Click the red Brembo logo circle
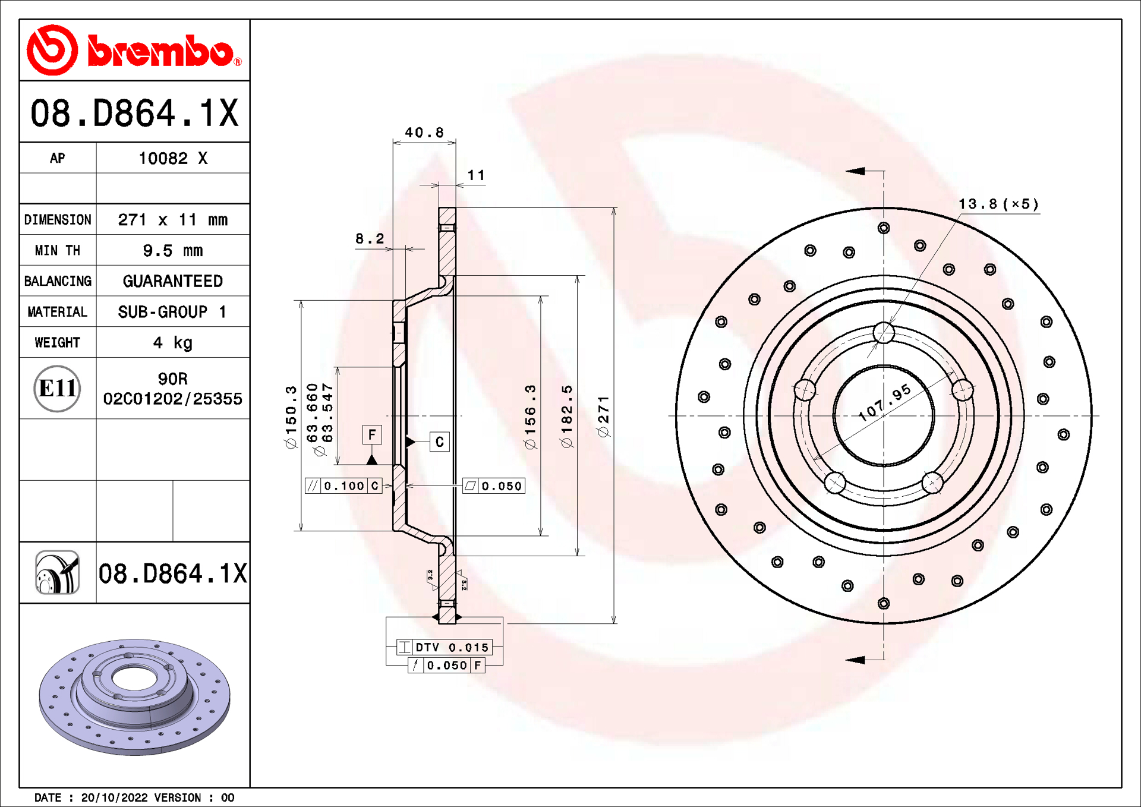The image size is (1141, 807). tap(52, 50)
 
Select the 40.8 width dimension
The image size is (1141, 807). tap(424, 132)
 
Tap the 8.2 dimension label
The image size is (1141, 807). tap(369, 238)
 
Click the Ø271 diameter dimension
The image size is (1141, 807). tap(603, 416)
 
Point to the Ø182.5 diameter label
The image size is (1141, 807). tap(566, 416)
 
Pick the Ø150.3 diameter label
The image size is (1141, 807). tap(291, 416)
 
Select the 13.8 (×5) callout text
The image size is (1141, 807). tap(998, 204)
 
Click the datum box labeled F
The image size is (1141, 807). tap(371, 434)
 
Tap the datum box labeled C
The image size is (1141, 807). tap(439, 442)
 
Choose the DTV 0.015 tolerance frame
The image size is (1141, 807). tap(444, 647)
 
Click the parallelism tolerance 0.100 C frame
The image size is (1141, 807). tap(343, 486)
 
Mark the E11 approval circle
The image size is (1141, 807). tap(57, 388)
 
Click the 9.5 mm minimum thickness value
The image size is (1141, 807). tap(172, 250)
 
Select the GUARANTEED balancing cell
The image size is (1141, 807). tap(172, 281)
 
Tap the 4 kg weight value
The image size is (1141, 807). tap(172, 342)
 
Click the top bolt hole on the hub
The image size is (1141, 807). tap(884, 333)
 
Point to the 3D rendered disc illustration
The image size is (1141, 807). tap(134, 696)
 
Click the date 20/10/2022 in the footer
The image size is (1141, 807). tap(114, 797)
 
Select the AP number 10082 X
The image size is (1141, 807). tap(172, 158)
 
